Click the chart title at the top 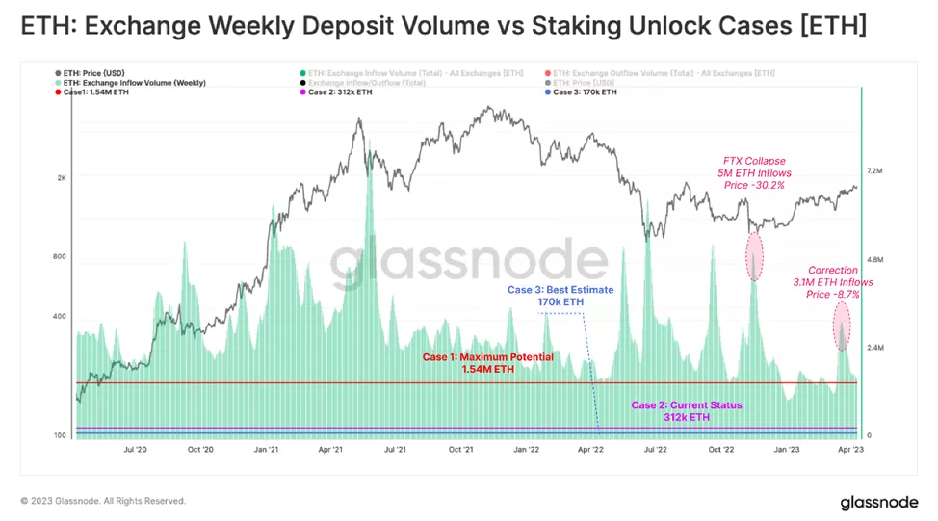(x=444, y=26)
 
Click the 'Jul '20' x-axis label (x=135, y=449)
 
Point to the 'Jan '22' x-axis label (x=525, y=449)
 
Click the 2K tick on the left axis (x=62, y=178)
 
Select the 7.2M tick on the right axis (x=875, y=171)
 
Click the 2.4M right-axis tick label (x=875, y=348)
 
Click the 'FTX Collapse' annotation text (x=754, y=161)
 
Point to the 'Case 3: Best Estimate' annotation (x=560, y=289)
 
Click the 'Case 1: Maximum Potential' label (x=488, y=357)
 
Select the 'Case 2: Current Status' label (x=686, y=405)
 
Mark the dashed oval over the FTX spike (x=754, y=254)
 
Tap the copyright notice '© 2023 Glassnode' (x=103, y=501)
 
